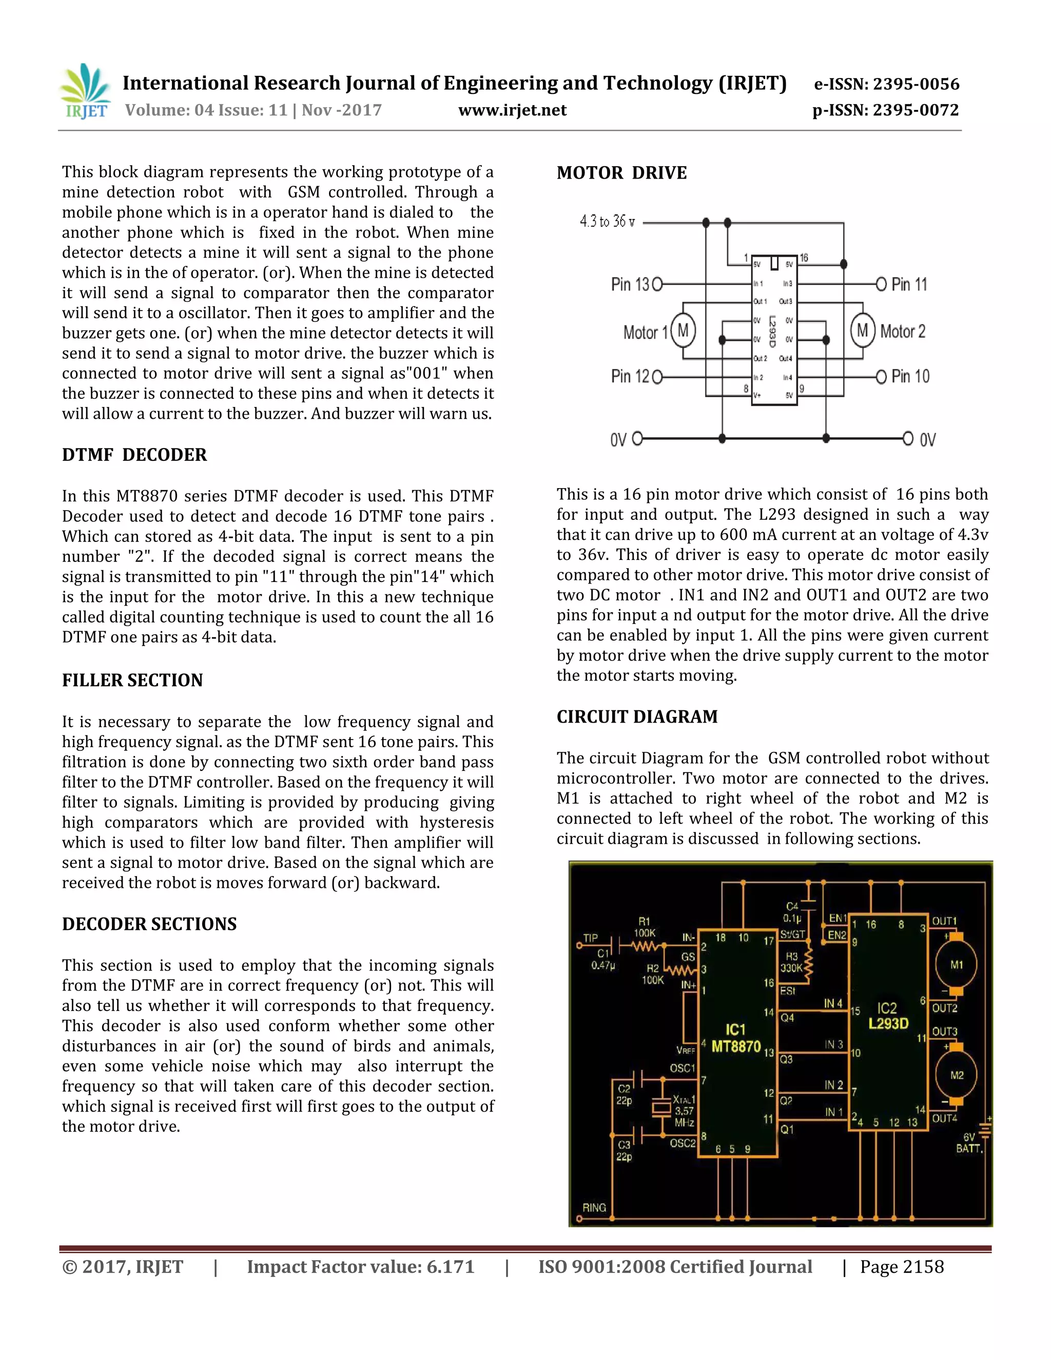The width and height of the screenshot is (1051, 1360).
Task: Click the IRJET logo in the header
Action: tap(86, 92)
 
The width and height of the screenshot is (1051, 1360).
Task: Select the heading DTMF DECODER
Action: tap(134, 455)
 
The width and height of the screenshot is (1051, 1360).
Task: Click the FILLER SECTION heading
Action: tap(132, 680)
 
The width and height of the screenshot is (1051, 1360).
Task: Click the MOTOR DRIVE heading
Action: tap(621, 173)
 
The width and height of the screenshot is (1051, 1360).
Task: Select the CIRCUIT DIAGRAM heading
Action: tap(636, 717)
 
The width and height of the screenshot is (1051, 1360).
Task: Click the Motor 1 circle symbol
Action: tap(683, 331)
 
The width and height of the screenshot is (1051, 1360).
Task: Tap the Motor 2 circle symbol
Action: tap(862, 331)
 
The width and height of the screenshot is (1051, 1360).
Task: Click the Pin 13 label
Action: tap(630, 285)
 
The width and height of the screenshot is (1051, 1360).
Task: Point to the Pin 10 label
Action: tap(910, 376)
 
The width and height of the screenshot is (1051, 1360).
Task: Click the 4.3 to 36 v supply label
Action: tap(607, 222)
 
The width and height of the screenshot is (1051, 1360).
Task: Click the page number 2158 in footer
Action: tap(902, 1267)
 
